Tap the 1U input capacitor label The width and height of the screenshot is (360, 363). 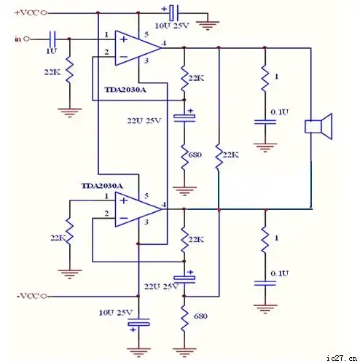point(51,52)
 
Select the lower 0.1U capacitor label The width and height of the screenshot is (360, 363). point(279,273)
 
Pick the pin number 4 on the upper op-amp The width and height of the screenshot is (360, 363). point(165,44)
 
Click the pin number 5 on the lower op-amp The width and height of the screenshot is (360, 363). point(146,197)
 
